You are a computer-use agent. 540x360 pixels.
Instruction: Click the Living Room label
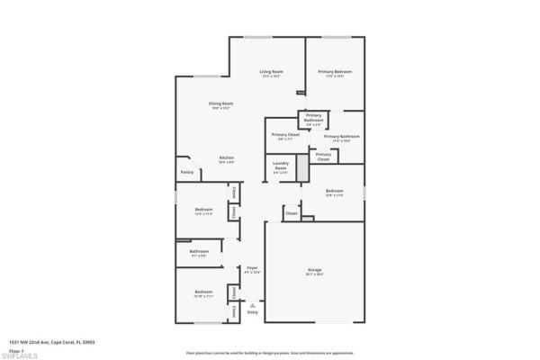coord(271,71)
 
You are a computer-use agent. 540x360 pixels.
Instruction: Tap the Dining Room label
coord(208,103)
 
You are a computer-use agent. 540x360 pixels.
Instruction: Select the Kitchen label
coord(227,157)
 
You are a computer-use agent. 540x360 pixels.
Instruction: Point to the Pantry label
coord(187,172)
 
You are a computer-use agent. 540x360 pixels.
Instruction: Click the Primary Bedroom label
coord(335,71)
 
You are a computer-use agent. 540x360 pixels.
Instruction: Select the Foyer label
coord(253,268)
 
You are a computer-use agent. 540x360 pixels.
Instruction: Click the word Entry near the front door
coord(253,312)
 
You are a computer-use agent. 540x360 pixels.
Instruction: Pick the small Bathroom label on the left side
coord(199,251)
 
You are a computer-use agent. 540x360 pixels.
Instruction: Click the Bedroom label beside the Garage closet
coord(334,191)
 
